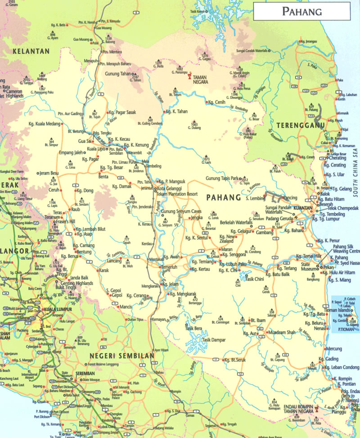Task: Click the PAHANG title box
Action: (x=301, y=11)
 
